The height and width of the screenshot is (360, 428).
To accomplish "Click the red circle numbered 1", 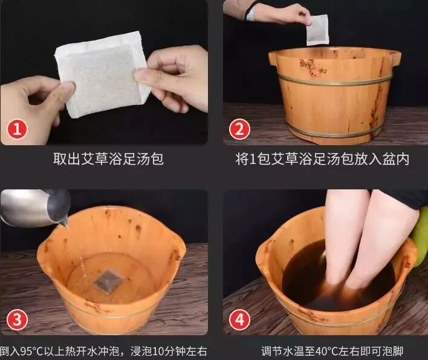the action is [17, 129].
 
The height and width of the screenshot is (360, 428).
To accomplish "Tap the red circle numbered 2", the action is [239, 129].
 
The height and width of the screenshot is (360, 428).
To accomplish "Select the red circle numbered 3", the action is [17, 319].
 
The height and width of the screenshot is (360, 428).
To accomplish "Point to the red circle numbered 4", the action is [239, 319].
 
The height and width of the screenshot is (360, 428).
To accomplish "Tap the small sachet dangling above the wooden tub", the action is [317, 30].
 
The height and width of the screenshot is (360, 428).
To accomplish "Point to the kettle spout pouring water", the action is [63, 222].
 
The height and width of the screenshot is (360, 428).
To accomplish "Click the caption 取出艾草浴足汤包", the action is [108, 159].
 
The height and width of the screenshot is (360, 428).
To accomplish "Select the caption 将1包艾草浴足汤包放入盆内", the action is [322, 159].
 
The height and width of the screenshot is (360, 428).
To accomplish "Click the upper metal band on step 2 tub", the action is [334, 80].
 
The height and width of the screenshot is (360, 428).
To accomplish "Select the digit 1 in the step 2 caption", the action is [253, 160].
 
